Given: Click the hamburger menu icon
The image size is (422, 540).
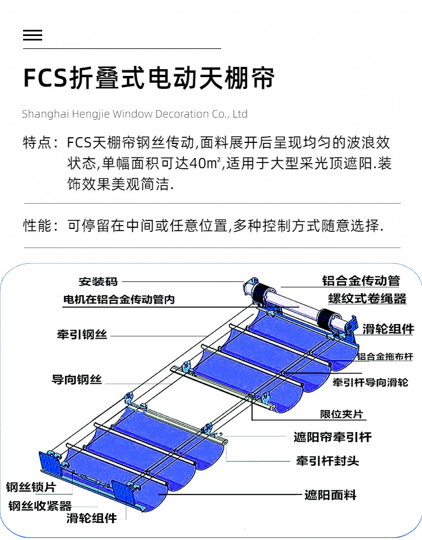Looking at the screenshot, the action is (33, 35).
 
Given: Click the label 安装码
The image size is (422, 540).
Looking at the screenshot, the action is (98, 282).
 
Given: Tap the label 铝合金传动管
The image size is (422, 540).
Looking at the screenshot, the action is (361, 281).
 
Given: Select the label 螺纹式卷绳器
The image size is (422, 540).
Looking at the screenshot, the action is (367, 299).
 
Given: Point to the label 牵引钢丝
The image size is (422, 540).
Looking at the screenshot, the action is (82, 334).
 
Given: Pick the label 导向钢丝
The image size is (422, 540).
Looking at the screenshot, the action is (77, 380).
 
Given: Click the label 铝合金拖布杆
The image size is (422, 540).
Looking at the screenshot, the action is (384, 357).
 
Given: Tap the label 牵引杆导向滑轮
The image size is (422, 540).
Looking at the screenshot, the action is (370, 382).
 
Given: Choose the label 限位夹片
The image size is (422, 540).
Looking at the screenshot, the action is (342, 414).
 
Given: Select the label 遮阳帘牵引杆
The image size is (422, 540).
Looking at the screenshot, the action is (333, 437).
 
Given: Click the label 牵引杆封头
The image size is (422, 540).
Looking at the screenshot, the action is (327, 461).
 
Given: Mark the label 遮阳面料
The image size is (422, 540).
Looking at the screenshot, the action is (330, 495).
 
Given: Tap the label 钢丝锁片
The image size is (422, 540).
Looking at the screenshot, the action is (31, 487).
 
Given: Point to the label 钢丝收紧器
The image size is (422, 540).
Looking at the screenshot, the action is (40, 506).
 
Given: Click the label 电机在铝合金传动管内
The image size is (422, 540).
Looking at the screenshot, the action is (119, 299).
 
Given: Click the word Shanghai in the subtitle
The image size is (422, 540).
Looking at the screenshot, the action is (46, 114).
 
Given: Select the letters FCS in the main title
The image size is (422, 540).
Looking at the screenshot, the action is (45, 78).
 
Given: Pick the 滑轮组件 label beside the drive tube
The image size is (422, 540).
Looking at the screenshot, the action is (388, 329).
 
